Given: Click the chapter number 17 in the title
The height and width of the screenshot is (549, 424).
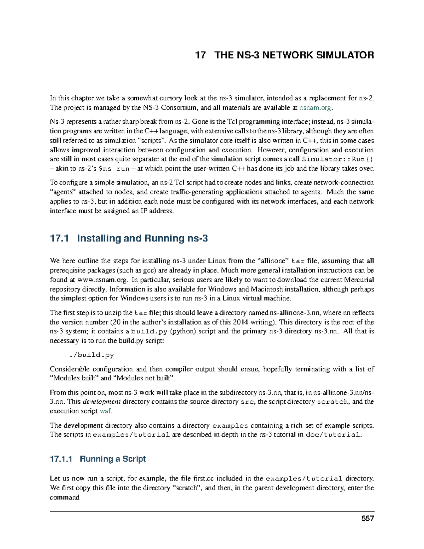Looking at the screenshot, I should coord(200,55).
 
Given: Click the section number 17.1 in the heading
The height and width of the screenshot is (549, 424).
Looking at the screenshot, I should coord(59,238).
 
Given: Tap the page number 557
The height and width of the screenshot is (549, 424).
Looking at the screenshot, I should coord(367,519).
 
